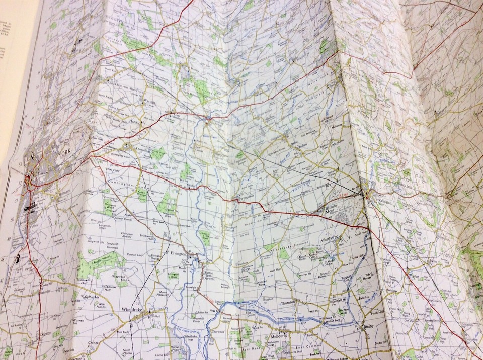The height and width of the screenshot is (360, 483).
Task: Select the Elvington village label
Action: point(178,254)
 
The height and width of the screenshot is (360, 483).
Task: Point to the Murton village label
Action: point(96,137)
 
